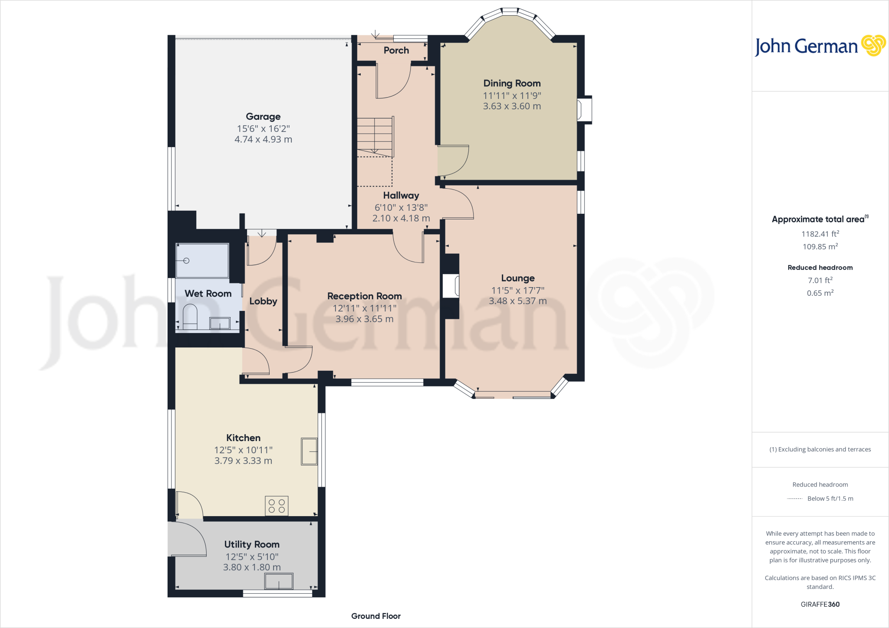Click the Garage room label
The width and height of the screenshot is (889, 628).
click(x=263, y=116)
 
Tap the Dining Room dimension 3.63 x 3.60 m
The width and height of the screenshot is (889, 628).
click(x=512, y=106)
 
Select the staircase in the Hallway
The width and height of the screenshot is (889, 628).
click(x=375, y=137)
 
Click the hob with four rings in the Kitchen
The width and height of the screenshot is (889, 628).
click(x=277, y=506)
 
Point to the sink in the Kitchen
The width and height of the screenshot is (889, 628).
click(x=309, y=451)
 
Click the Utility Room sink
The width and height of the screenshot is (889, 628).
click(x=279, y=581)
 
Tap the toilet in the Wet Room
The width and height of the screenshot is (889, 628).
click(x=190, y=317)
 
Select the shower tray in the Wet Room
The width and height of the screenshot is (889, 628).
click(x=202, y=261)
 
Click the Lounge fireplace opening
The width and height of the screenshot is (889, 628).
click(x=451, y=286)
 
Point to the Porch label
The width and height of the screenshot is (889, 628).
click(x=396, y=50)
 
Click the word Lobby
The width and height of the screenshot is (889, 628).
click(x=263, y=301)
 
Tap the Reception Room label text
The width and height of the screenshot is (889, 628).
click(x=364, y=296)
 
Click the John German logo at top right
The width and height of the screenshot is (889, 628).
click(x=820, y=46)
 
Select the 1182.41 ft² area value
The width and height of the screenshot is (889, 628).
click(x=820, y=234)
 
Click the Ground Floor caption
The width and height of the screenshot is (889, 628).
click(x=375, y=616)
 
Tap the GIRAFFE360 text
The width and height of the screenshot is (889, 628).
click(x=820, y=604)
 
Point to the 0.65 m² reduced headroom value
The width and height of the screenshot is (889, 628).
click(x=820, y=293)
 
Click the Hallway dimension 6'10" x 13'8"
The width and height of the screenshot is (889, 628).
click(x=401, y=207)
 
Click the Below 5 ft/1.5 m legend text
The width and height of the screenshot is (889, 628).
click(x=830, y=498)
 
